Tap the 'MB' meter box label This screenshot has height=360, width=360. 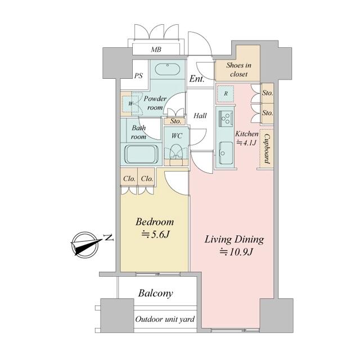(x=156, y=49)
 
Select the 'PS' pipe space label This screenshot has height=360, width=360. (x=138, y=76)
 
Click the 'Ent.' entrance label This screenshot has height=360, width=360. (x=197, y=79)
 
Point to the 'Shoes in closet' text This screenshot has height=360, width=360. (x=238, y=70)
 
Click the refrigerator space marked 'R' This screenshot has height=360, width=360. (x=226, y=94)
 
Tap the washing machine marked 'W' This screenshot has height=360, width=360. (x=130, y=103)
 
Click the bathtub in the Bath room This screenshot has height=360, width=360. (x=141, y=154)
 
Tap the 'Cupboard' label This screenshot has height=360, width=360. (x=267, y=148)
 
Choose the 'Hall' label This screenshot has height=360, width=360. (x=200, y=115)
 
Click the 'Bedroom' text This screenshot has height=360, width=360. (x=155, y=222)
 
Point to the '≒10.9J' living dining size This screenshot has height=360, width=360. (x=236, y=252)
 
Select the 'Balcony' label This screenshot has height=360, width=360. (x=155, y=294)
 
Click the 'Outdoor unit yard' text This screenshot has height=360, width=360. (x=165, y=319)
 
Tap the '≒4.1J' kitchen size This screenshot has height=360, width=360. (x=246, y=143)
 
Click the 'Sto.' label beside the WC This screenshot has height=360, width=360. (x=175, y=121)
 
